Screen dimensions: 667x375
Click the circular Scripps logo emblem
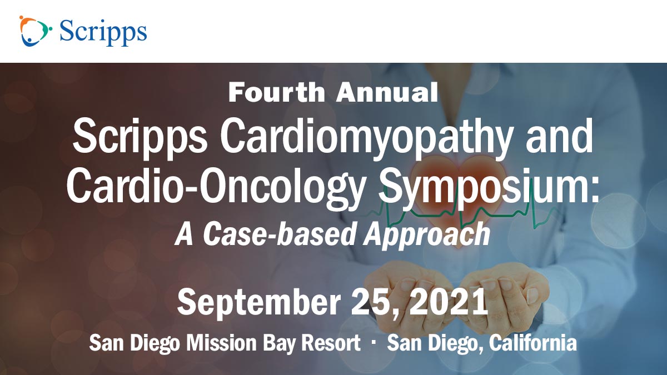pos(36,31)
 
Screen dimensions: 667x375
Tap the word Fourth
pos(277,93)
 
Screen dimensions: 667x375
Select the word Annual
pos(387,93)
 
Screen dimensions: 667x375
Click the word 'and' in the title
pos(560,136)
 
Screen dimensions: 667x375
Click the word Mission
pos(222,343)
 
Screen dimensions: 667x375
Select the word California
pos(533,343)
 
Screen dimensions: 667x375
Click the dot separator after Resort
pos(374,342)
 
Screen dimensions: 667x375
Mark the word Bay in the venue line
pos(278,344)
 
